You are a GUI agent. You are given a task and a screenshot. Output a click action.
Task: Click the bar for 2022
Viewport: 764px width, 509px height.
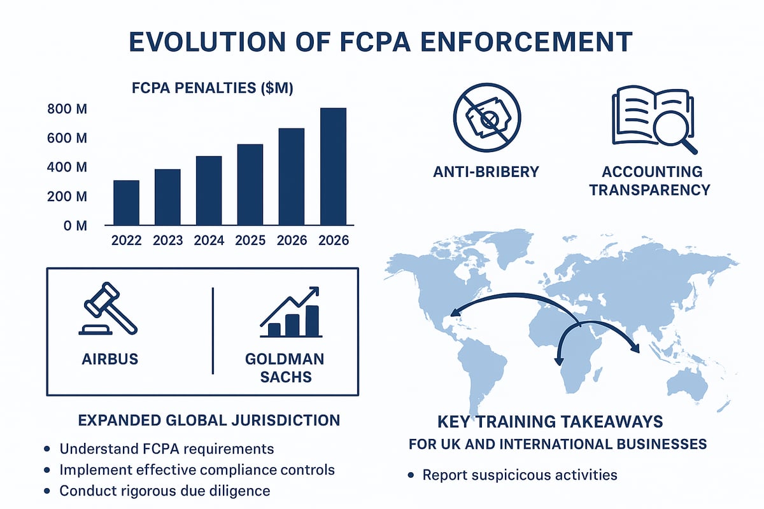click(x=125, y=202)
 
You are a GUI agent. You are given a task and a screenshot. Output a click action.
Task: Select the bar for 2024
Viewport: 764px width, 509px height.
click(x=208, y=190)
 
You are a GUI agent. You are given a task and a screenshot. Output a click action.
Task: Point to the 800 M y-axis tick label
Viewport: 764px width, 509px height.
click(x=67, y=109)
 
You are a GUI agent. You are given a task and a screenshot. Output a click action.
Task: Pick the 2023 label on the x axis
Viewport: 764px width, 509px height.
click(x=167, y=241)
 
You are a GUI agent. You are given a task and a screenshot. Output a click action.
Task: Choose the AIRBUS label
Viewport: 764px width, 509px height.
click(x=110, y=358)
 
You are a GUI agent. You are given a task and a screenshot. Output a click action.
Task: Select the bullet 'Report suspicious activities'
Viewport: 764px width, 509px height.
click(x=520, y=475)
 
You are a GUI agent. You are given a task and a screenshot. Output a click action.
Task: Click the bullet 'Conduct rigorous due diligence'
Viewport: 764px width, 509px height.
click(x=164, y=491)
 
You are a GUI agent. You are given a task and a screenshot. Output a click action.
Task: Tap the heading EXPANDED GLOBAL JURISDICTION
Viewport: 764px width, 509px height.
click(x=208, y=421)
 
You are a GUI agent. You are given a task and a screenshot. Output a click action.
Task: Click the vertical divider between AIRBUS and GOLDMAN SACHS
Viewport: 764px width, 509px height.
click(x=213, y=331)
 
